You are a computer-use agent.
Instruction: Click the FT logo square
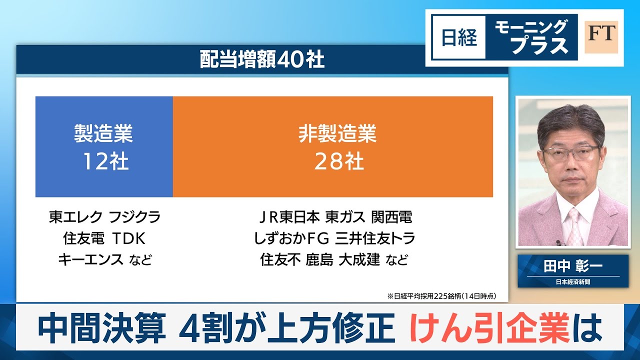point(601,37)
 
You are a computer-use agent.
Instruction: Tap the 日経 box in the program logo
point(459,37)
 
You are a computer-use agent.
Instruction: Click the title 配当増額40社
point(262,59)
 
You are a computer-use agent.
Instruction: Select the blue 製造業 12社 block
point(104,146)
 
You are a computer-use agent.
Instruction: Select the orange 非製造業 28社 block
point(333,146)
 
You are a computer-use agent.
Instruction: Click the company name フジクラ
point(135,217)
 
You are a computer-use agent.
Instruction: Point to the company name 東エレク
point(75,217)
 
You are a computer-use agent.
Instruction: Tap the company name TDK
point(129,238)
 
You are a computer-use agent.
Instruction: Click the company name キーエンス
point(91,259)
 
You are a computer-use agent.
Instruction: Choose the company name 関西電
point(391,217)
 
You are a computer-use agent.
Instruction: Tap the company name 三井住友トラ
point(375,238)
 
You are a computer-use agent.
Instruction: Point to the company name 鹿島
point(319,259)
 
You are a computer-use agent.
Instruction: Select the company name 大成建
point(359,259)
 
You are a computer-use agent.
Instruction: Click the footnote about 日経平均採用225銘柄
point(441,296)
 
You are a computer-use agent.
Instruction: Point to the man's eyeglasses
point(571,153)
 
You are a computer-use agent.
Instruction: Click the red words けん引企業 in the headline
point(489,327)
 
